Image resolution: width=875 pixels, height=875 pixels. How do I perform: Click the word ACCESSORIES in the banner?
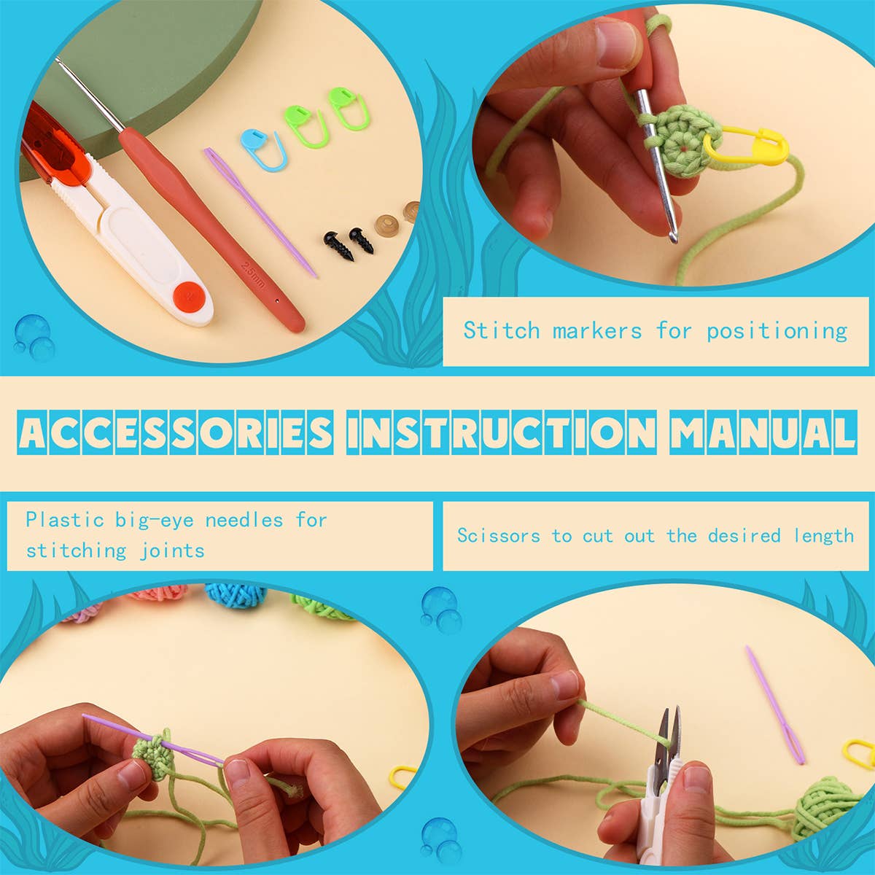(175, 432)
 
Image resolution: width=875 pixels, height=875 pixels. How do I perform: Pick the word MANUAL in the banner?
(762, 432)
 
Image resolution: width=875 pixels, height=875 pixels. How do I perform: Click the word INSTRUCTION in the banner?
(502, 432)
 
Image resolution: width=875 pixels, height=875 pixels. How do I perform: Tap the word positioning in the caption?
(777, 331)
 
